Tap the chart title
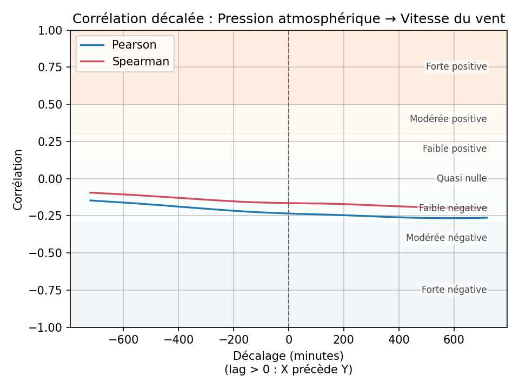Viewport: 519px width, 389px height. click(289, 19)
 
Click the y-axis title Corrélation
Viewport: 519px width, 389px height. click(18, 179)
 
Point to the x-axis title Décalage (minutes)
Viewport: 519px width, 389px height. click(288, 356)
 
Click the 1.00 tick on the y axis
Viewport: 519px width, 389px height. click(51, 30)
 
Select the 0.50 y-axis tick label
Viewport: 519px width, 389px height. click(51, 104)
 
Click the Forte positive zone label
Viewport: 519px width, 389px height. click(456, 67)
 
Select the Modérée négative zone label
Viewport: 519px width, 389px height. click(447, 238)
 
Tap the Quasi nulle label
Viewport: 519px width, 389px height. click(462, 178)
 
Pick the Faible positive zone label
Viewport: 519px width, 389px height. click(455, 149)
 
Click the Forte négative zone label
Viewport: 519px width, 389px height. click(454, 290)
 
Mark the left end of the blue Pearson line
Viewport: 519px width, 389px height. click(90, 200)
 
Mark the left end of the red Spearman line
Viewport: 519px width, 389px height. click(90, 192)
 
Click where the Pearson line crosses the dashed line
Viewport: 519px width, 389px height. click(289, 213)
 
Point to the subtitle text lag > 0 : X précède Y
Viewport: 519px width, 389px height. click(288, 370)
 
